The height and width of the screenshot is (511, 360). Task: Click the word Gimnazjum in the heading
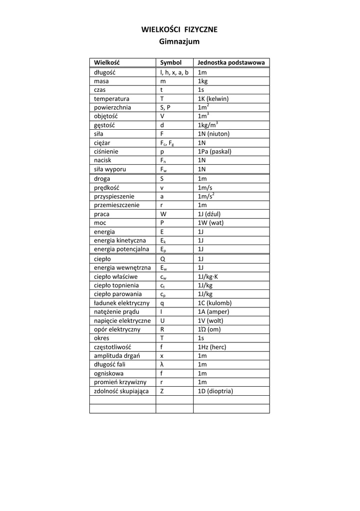[x=179, y=42]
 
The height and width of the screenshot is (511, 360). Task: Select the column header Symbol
[x=171, y=63]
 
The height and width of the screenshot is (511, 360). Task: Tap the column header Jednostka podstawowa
[x=231, y=63]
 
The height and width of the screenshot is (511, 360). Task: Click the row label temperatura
[x=112, y=99]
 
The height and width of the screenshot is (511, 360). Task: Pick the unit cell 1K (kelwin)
[x=213, y=99]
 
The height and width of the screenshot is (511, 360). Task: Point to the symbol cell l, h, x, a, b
[x=174, y=72]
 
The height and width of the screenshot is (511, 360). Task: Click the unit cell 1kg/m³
[x=208, y=125]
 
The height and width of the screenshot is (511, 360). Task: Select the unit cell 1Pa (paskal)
[x=215, y=151]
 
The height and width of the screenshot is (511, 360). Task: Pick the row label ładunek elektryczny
[x=121, y=303]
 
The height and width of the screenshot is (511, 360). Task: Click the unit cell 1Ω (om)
[x=209, y=329]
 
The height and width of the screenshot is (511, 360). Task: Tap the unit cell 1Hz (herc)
[x=212, y=347]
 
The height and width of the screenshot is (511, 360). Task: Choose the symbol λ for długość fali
[x=162, y=364]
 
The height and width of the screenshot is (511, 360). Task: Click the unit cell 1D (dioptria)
[x=215, y=391]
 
